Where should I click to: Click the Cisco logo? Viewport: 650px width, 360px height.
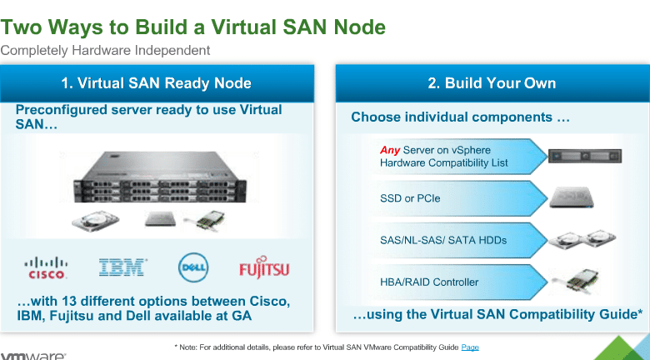click(46, 268)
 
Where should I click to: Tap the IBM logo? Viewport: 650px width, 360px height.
click(122, 267)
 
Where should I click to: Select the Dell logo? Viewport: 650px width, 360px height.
click(193, 267)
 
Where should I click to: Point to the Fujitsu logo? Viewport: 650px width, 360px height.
click(264, 267)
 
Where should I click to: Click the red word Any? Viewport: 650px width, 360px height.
click(390, 150)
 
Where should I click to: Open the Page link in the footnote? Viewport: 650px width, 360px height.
click(470, 347)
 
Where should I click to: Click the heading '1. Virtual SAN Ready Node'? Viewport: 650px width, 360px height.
click(157, 83)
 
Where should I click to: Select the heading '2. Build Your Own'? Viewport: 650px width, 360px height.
click(492, 83)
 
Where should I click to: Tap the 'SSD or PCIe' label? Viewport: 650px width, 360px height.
click(410, 198)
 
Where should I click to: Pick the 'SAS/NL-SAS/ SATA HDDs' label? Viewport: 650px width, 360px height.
click(443, 240)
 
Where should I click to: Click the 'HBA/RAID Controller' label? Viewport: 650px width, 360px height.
click(429, 282)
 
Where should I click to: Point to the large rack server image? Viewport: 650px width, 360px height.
click(160, 177)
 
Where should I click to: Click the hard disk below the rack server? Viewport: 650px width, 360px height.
click(95, 220)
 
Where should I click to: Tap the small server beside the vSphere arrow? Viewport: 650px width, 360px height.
click(585, 157)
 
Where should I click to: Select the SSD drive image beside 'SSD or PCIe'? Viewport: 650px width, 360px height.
click(572, 197)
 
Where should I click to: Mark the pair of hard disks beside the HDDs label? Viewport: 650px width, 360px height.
click(582, 239)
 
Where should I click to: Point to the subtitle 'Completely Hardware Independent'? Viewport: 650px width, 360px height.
click(105, 51)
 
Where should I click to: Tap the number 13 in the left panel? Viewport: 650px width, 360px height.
click(70, 301)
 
